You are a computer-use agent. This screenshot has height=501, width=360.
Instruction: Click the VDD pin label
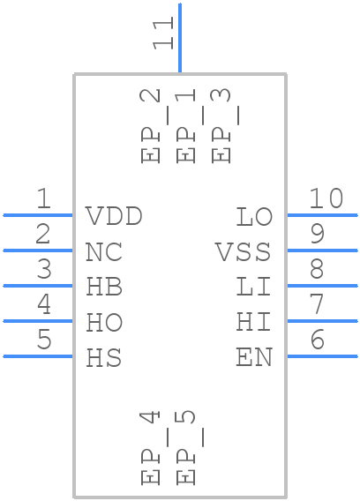[x=114, y=217]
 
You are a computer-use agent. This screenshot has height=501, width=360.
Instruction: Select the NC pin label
[x=104, y=252]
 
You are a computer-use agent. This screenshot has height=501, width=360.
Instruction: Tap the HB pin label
[x=104, y=288]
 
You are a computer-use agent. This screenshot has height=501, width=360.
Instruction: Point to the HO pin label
[x=104, y=323]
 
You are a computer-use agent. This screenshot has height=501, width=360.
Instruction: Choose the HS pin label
[x=104, y=358]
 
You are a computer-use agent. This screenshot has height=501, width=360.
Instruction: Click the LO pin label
[x=254, y=217]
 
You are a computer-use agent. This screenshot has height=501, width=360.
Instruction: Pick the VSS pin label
[x=244, y=252]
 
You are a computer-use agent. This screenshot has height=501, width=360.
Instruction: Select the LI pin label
[x=254, y=288]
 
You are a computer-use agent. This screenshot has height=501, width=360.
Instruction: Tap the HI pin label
[x=254, y=323]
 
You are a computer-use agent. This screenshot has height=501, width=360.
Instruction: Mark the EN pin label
[x=254, y=358]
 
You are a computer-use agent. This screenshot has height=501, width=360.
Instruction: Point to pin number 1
[x=42, y=199]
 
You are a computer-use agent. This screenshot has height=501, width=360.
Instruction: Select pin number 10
[x=326, y=199]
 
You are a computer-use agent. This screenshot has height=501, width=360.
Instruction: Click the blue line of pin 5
[x=38, y=356]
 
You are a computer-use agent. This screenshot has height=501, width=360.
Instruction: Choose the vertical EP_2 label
[x=152, y=126]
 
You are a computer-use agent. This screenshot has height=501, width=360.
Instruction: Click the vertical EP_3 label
[x=222, y=126]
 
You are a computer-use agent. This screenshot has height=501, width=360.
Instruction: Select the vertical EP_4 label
[x=152, y=447]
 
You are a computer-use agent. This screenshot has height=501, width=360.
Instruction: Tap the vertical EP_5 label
[x=187, y=447]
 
